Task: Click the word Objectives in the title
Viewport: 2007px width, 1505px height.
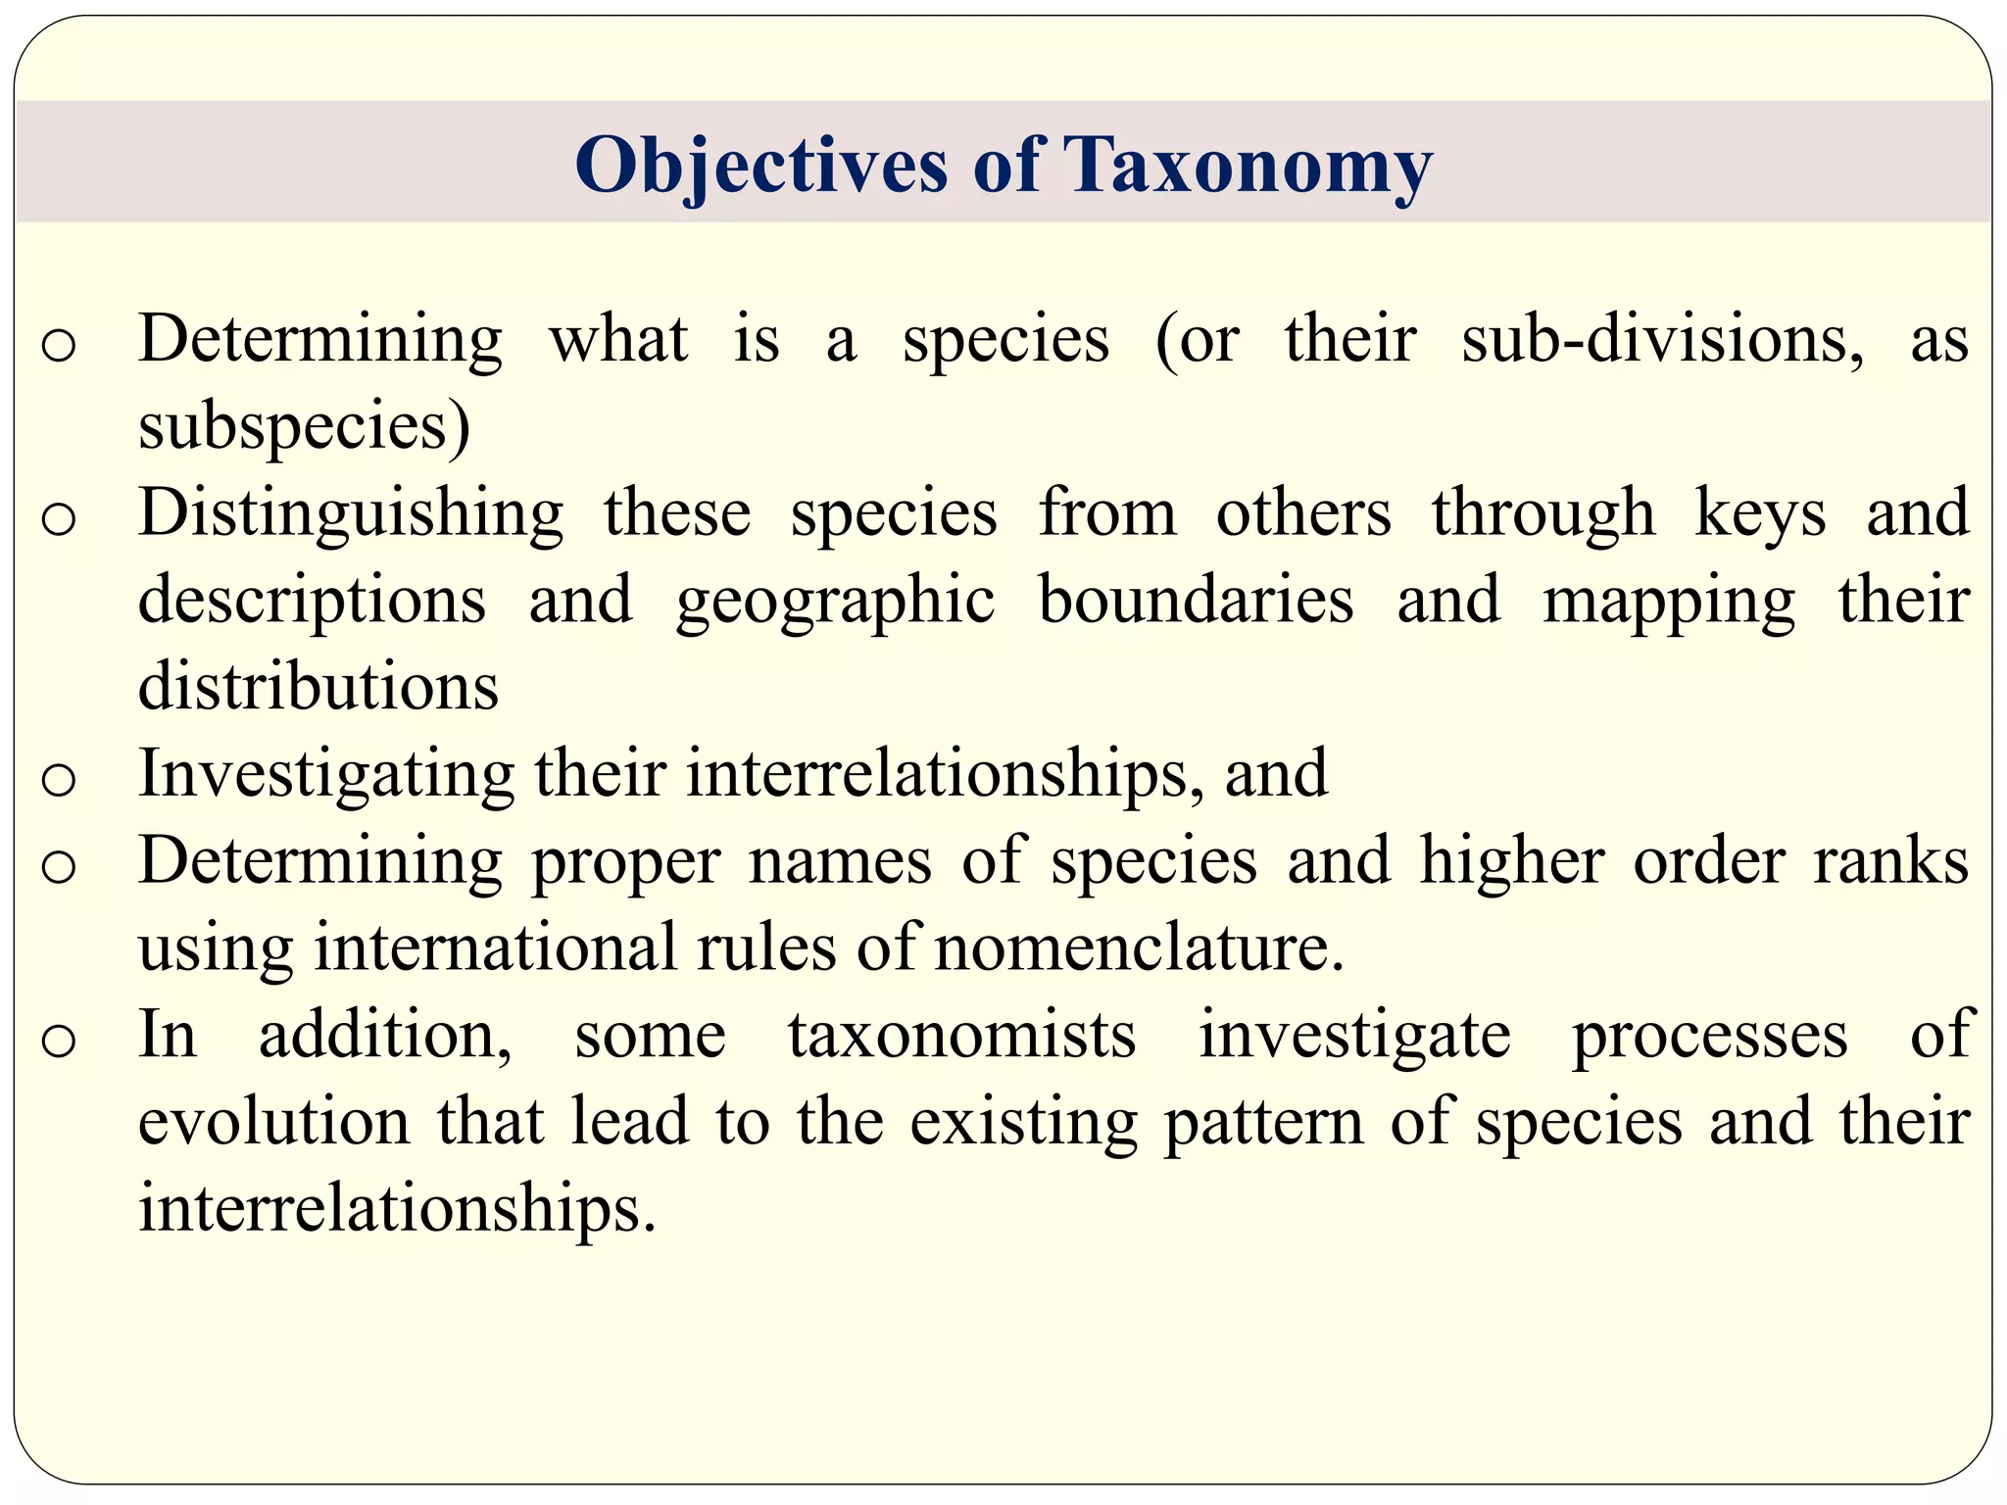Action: click(x=761, y=165)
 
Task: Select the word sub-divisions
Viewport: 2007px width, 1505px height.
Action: click(x=1663, y=339)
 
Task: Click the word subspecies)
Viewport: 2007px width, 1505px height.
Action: click(x=304, y=426)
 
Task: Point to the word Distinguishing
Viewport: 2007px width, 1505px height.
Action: click(x=350, y=513)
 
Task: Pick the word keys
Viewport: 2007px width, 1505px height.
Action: click(x=1760, y=513)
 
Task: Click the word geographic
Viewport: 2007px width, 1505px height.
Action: click(x=835, y=600)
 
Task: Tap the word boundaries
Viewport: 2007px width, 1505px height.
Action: click(x=1196, y=600)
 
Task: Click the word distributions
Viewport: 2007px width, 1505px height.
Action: click(x=318, y=686)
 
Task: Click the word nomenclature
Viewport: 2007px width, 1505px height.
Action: click(x=1139, y=947)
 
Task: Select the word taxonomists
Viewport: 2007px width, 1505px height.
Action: click(x=961, y=1035)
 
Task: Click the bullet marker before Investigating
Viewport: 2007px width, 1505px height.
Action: click(x=59, y=780)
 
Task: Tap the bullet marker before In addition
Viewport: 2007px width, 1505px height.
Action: click(x=59, y=1041)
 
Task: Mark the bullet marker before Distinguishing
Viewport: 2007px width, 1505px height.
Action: click(x=59, y=519)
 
